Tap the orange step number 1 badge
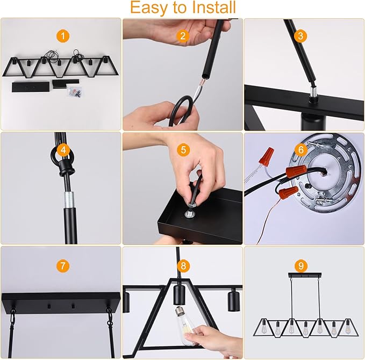pyautogui.click(x=63, y=36)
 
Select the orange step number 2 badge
pyautogui.click(x=183, y=36)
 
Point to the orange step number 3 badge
pyautogui.click(x=302, y=36)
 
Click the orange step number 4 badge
pyautogui.click(x=63, y=150)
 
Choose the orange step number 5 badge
pyautogui.click(x=183, y=150)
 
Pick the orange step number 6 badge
pyautogui.click(x=302, y=150)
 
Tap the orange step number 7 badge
pyautogui.click(x=63, y=265)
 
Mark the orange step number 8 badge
pyautogui.click(x=183, y=265)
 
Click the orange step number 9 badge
pyautogui.click(x=302, y=265)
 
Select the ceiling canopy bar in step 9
pyautogui.click(x=305, y=276)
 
